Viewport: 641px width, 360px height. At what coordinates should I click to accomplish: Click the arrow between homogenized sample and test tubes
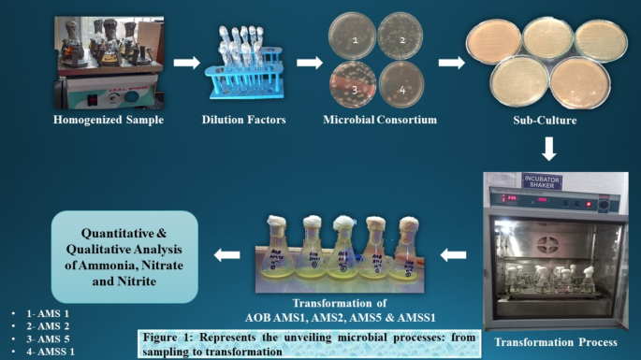click(x=187, y=63)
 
